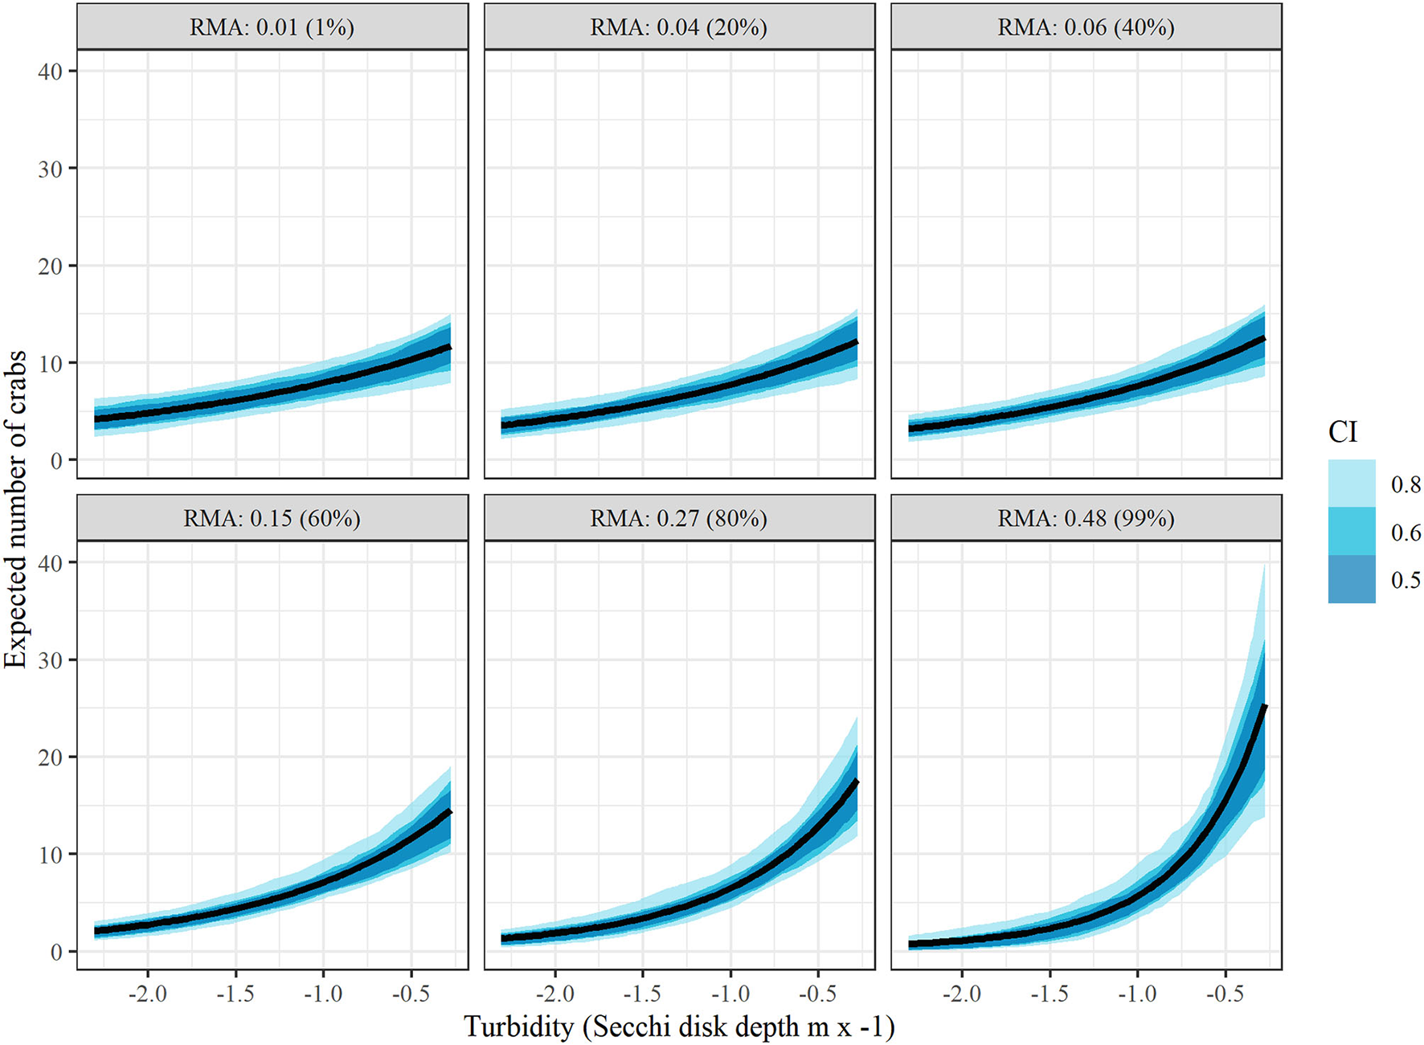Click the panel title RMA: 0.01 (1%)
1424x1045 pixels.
click(x=272, y=27)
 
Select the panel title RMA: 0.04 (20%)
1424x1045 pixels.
click(x=679, y=27)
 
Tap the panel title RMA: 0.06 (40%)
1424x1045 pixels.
click(x=1086, y=27)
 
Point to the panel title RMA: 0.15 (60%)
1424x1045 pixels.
click(x=272, y=519)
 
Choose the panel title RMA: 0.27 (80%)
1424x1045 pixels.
click(x=679, y=519)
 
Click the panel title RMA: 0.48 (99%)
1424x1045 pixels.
click(x=1086, y=519)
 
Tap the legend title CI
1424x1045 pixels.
click(x=1342, y=432)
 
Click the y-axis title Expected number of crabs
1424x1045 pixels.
click(x=16, y=510)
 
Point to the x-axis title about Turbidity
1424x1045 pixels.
click(x=679, y=1027)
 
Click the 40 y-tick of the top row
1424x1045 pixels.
click(x=50, y=71)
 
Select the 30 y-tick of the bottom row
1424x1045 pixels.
click(x=50, y=660)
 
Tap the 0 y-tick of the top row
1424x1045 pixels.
click(x=56, y=461)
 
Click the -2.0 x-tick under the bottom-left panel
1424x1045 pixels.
click(x=148, y=994)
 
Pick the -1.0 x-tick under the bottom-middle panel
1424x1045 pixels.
click(x=730, y=994)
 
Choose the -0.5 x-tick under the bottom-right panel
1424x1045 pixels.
click(x=1225, y=994)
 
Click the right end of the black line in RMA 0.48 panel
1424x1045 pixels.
click(x=1266, y=705)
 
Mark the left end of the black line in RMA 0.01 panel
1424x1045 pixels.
click(x=95, y=418)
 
